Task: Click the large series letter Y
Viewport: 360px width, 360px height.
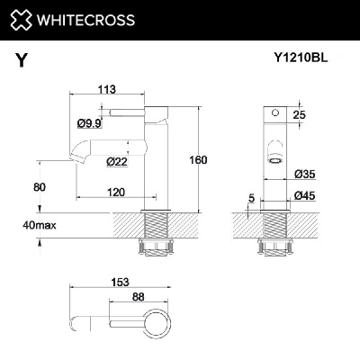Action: coord(20,61)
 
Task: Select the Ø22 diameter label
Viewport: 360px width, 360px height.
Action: coord(115,162)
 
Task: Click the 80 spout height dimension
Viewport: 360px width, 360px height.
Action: coord(38,186)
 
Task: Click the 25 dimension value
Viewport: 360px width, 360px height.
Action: coord(300,113)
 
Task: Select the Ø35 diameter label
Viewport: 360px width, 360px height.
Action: coord(301,174)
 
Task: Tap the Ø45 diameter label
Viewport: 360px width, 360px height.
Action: coord(301,196)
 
